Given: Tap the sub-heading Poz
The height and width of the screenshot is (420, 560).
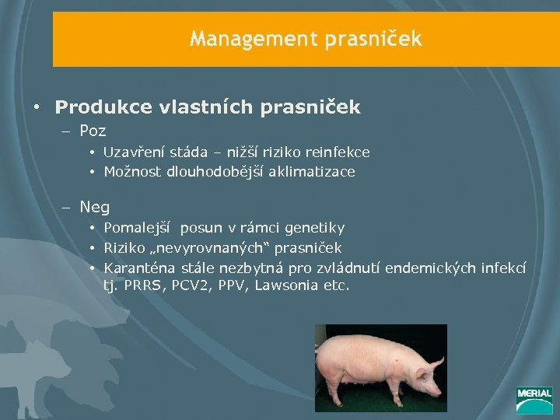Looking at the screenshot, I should pos(93,131).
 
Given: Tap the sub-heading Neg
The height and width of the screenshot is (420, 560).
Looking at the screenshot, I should pos(94,207).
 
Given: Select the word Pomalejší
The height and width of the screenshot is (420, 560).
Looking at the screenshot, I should pos(138,228).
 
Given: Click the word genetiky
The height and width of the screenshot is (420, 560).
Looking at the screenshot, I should pos(315,228).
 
